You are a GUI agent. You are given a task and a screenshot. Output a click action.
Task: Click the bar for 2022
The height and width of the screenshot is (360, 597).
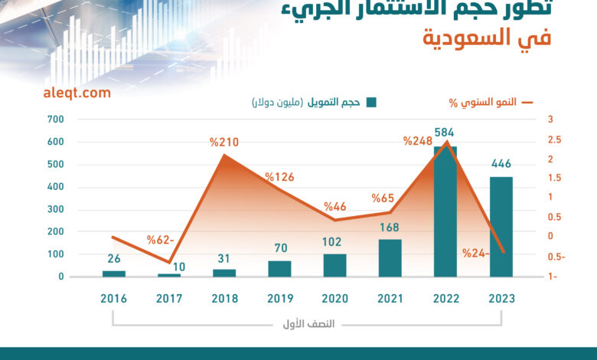point(445,211)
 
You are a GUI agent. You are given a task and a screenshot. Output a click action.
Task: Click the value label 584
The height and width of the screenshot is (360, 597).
point(445,132)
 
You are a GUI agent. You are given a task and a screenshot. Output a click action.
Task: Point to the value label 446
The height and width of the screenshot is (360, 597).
point(501,163)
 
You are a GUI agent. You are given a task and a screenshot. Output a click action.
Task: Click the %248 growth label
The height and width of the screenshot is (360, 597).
point(419,140)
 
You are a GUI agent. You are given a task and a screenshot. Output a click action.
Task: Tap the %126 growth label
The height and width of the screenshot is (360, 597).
point(280,177)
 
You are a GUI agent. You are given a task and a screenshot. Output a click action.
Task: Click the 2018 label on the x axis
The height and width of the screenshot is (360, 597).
point(224,298)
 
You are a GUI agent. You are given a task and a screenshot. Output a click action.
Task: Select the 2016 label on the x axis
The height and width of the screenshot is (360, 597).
point(113,298)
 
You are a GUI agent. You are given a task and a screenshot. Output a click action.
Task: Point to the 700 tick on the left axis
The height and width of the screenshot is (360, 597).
point(55,119)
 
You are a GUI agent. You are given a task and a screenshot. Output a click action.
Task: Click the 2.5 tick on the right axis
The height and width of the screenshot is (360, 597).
point(554,139)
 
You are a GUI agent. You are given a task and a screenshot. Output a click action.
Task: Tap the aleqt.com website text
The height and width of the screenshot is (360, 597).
point(77,93)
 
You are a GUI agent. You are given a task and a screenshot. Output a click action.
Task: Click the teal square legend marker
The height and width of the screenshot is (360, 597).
point(371,103)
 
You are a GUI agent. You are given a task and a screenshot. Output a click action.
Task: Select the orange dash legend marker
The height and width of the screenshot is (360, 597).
point(527,102)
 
